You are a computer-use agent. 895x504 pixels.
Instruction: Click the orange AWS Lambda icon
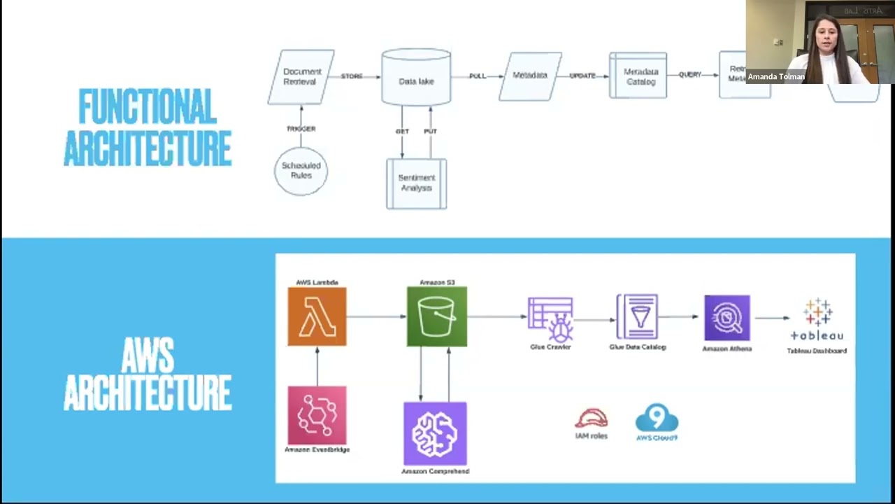point(317,316)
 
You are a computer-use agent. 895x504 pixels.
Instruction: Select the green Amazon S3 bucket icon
point(437,316)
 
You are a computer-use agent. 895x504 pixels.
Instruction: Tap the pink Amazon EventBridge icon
point(317,415)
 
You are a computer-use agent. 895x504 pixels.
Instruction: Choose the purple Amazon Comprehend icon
point(435,433)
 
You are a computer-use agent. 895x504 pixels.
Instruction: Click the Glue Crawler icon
point(550,318)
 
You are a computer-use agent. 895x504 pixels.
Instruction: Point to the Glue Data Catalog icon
point(637,317)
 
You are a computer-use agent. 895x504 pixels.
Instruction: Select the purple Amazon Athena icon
point(727,318)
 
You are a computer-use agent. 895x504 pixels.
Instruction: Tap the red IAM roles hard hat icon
point(592,419)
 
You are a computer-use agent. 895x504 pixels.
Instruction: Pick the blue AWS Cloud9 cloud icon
point(657,418)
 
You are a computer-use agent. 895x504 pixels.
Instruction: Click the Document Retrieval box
point(301,77)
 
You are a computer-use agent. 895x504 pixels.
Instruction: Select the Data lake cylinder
point(416,78)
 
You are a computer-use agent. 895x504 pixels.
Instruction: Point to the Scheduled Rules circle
point(301,171)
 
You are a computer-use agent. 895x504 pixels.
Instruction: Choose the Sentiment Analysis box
point(416,183)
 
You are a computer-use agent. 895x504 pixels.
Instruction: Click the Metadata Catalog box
point(638,76)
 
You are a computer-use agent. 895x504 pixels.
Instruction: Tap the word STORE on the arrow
point(352,76)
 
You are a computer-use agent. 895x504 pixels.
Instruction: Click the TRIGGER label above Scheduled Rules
point(301,129)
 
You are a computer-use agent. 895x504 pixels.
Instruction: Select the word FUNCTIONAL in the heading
point(148,107)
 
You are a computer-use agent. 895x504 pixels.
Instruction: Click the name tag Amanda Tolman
point(776,77)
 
